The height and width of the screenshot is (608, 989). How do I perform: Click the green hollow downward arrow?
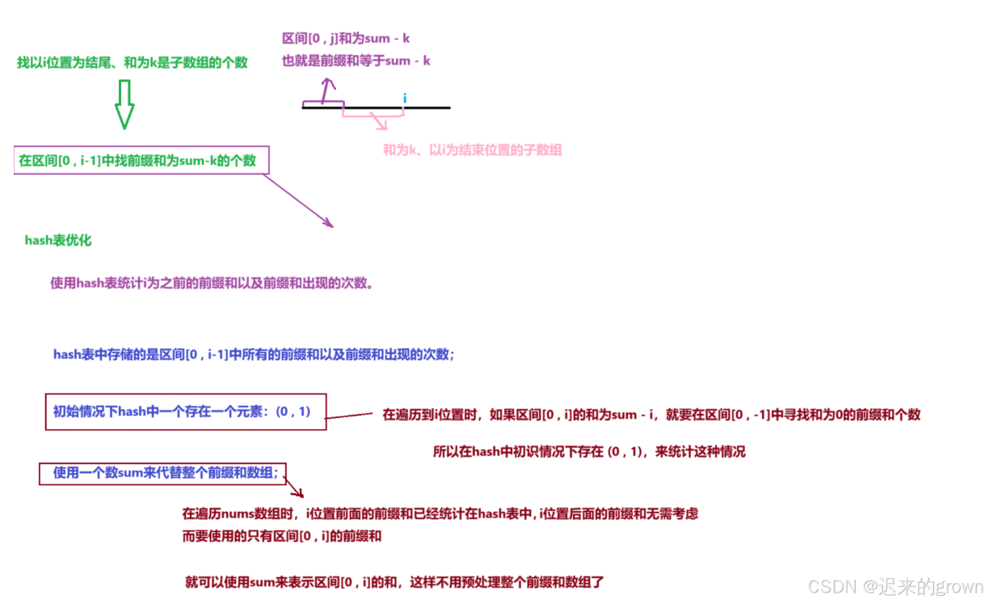pyautogui.click(x=124, y=105)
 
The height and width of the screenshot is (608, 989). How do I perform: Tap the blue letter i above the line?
pyautogui.click(x=404, y=98)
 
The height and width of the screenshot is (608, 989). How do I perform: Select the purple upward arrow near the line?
pyautogui.click(x=326, y=90)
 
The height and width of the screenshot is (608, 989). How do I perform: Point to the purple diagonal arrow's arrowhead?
pyautogui.click(x=328, y=222)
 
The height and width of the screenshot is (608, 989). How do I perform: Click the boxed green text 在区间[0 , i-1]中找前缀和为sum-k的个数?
pyautogui.click(x=137, y=160)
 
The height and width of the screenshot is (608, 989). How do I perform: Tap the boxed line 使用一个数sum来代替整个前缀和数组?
pyautogui.click(x=165, y=473)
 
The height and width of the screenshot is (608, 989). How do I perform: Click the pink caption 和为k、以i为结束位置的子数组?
pyautogui.click(x=472, y=150)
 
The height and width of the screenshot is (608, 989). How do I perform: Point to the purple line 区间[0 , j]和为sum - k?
pyautogui.click(x=347, y=38)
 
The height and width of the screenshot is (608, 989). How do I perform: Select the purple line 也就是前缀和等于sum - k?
pyautogui.click(x=356, y=60)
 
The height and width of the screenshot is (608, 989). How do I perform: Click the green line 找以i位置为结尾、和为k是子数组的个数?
pyautogui.click(x=133, y=62)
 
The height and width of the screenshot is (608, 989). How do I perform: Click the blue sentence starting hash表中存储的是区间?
pyautogui.click(x=254, y=354)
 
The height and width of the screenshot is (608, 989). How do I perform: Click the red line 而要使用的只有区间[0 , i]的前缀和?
pyautogui.click(x=283, y=535)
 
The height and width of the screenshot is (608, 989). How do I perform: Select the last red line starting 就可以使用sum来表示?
pyautogui.click(x=394, y=581)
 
